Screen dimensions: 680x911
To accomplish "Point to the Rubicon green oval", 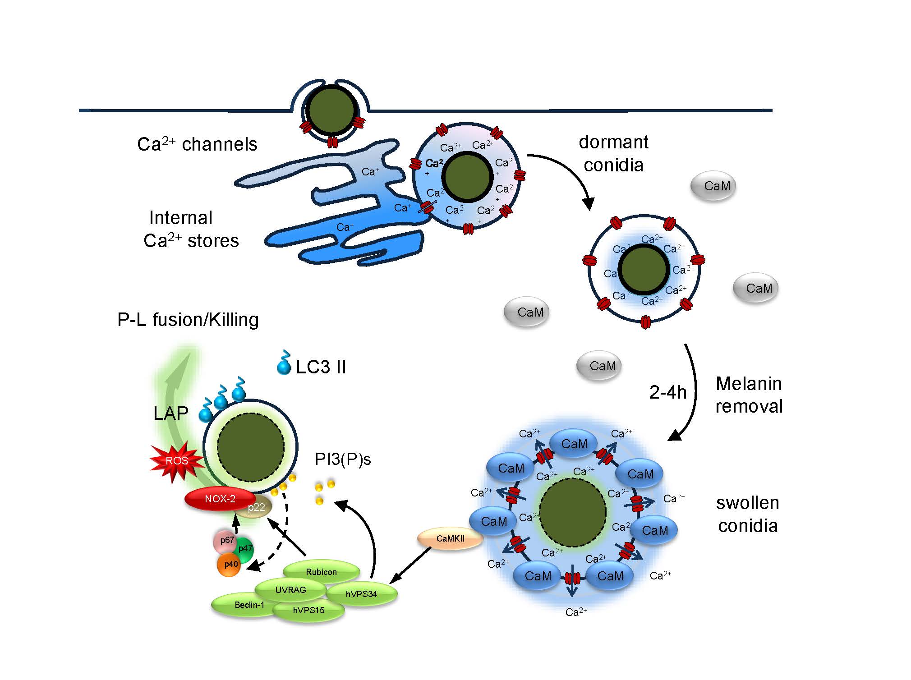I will [x=321, y=572].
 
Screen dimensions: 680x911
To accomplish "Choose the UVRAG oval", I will [x=290, y=590].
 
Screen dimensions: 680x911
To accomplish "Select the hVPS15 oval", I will [x=308, y=611].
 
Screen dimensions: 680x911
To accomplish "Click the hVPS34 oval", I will [x=361, y=594].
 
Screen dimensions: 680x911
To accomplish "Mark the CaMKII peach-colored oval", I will [x=450, y=538].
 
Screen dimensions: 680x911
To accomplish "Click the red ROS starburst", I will [x=176, y=461].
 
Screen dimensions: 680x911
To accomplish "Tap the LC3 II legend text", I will [x=321, y=367].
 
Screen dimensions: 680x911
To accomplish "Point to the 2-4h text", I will [x=667, y=393].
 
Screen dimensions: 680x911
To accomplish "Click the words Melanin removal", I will [x=749, y=395].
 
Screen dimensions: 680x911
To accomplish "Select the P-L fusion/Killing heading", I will [x=188, y=320].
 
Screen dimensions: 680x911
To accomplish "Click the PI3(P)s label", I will [x=343, y=459].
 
